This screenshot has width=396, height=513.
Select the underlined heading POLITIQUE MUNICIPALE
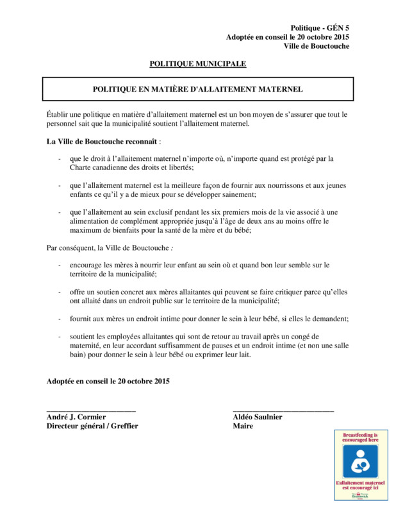(197, 63)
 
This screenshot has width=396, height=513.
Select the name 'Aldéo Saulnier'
(258, 417)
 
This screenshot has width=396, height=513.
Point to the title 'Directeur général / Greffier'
(92, 426)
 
